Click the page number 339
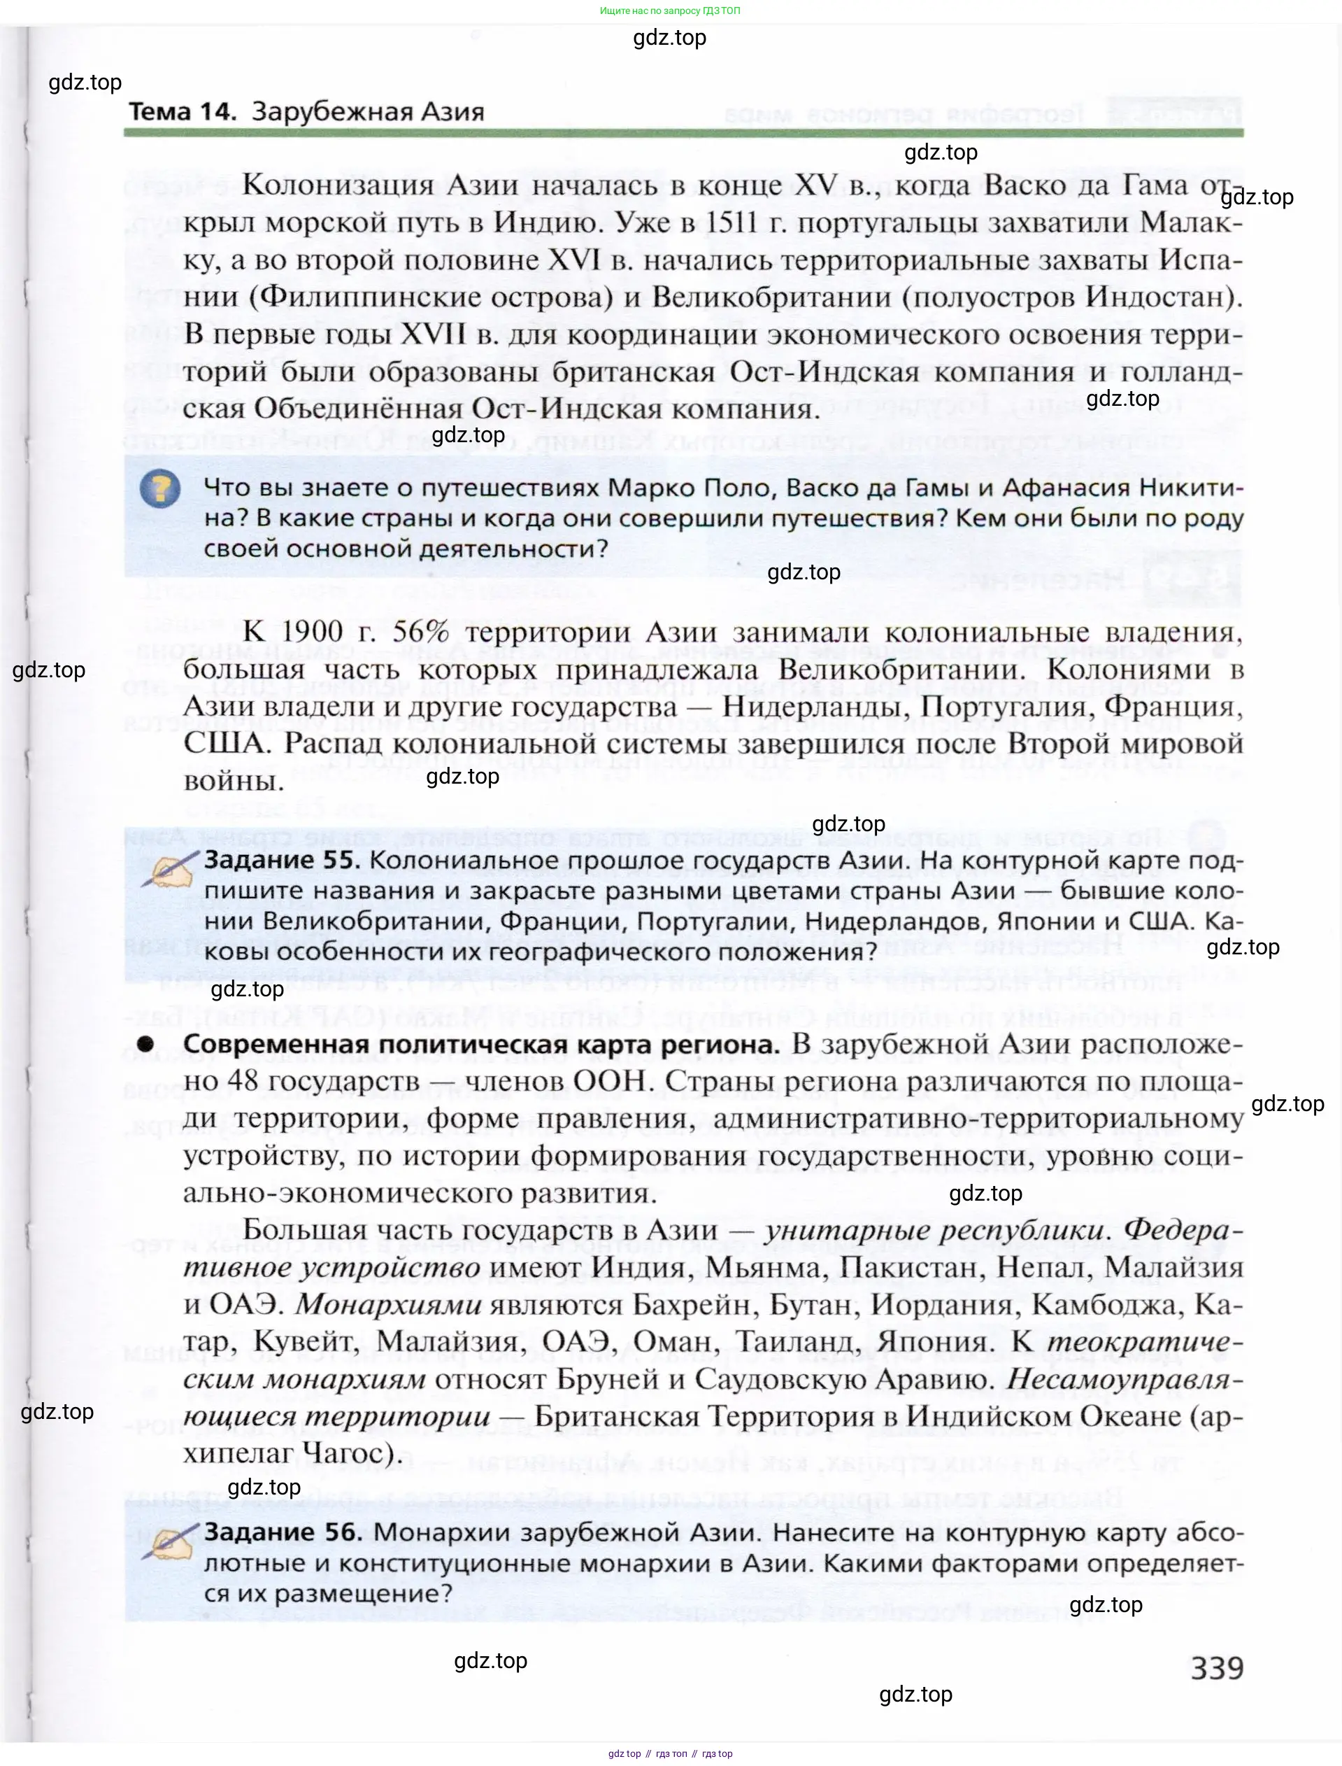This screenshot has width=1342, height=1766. pyautogui.click(x=1217, y=1668)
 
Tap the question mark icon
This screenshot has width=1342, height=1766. pyautogui.click(x=159, y=489)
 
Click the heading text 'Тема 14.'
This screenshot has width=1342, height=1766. pyautogui.click(x=182, y=112)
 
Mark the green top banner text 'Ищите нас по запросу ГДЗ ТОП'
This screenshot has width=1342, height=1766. pyautogui.click(x=669, y=10)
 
